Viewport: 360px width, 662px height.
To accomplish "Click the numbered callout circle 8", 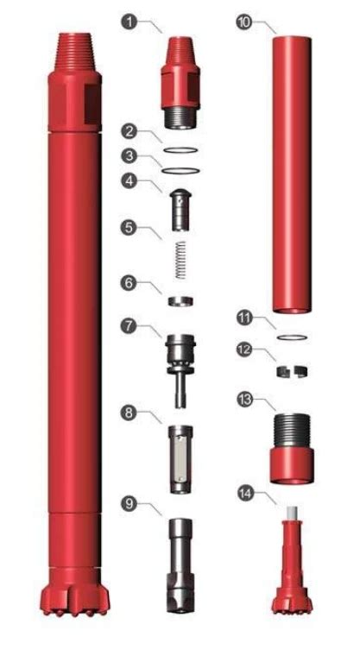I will tap(129, 414).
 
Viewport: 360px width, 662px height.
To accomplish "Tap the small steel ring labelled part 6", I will tap(180, 301).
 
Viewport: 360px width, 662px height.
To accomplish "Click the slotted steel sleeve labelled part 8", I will tap(180, 458).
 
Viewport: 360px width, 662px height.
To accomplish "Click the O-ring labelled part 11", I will tap(290, 337).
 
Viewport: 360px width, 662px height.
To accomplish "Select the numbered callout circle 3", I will tap(129, 156).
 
